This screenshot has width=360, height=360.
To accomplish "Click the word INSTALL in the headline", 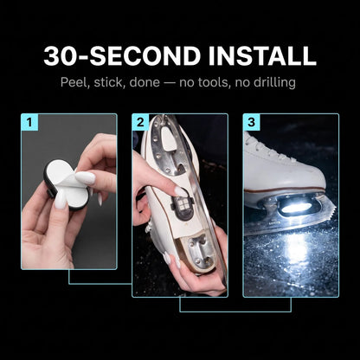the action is (262, 55).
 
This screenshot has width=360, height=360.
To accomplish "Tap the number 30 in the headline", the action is (58, 55).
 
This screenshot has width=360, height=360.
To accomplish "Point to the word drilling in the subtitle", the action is (274, 83).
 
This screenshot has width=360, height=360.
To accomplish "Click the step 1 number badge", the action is (29, 122).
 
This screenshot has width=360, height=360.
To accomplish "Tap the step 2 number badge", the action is (140, 122).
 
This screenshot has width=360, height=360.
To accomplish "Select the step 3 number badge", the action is (251, 122).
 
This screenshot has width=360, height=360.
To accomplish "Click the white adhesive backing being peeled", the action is (67, 182).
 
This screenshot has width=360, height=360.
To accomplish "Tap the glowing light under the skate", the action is (296, 208).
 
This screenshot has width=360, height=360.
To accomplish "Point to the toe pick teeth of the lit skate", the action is (331, 211).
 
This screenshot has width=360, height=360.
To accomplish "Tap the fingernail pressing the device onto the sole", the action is (181, 191).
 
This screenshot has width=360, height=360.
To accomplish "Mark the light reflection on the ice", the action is (297, 245).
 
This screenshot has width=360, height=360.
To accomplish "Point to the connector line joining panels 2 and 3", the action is (235, 312).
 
